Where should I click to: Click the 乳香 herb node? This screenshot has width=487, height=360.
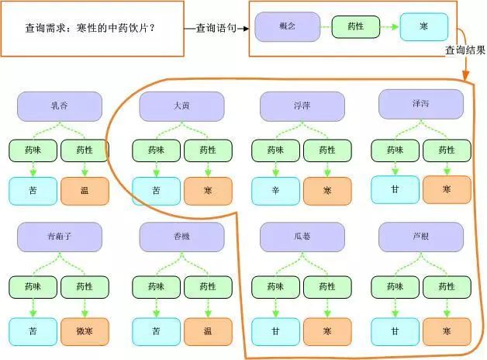tap(59, 106)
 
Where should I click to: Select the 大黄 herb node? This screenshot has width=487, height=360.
tap(181, 106)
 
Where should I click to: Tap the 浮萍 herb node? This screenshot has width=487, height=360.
tap(302, 106)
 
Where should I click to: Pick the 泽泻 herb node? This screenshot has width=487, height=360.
tap(421, 104)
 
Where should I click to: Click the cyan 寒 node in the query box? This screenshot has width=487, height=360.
tap(424, 28)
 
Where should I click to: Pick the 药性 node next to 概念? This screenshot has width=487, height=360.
tap(356, 28)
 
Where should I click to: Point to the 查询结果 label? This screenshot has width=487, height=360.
tap(465, 51)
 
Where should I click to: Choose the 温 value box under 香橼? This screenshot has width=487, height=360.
tap(207, 331)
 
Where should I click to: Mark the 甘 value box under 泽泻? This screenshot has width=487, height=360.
tap(395, 189)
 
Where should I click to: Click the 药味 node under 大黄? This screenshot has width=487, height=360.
tap(157, 151)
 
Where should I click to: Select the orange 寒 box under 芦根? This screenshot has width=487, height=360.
tap(447, 331)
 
